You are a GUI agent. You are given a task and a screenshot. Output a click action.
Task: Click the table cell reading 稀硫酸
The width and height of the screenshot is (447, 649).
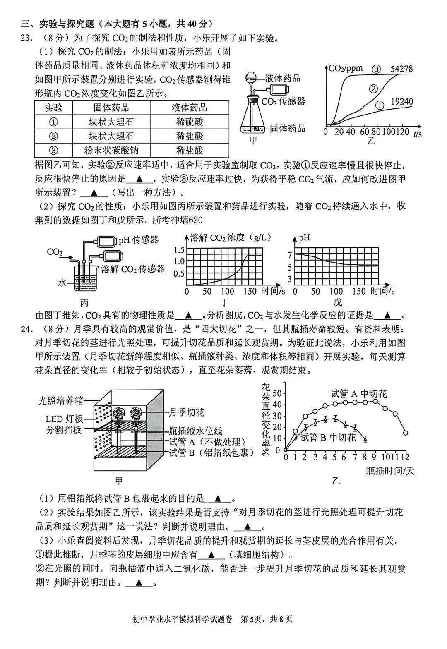click(189, 122)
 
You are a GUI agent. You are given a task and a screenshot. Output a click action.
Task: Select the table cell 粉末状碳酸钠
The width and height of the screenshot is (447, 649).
click(111, 150)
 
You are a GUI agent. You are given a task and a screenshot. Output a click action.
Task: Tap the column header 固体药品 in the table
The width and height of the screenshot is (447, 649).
click(111, 108)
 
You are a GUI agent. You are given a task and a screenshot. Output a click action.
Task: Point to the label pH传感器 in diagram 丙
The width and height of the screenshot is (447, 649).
click(139, 240)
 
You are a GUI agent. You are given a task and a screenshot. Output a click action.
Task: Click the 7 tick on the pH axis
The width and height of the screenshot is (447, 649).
click(290, 255)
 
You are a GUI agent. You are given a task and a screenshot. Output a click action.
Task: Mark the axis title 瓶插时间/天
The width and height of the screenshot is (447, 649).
click(390, 470)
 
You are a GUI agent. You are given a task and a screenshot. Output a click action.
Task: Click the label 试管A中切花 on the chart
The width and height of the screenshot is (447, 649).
click(358, 394)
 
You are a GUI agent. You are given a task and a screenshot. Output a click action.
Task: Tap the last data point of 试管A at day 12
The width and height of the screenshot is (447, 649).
click(405, 433)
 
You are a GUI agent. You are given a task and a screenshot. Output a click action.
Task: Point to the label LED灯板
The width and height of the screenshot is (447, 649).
click(64, 419)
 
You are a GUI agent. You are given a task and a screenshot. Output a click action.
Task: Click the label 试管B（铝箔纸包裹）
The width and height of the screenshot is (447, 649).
click(211, 453)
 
